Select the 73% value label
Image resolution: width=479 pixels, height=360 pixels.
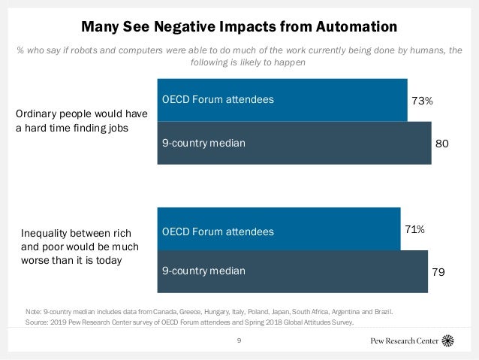pos(421,100)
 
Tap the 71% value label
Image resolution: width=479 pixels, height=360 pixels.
pos(414,229)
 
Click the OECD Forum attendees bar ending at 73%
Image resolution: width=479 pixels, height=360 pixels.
pos(282,99)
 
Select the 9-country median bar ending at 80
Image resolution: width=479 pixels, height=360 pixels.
pos(294,142)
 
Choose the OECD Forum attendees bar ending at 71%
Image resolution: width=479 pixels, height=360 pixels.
pos(278,230)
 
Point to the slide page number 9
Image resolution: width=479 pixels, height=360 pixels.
pos(239,340)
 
